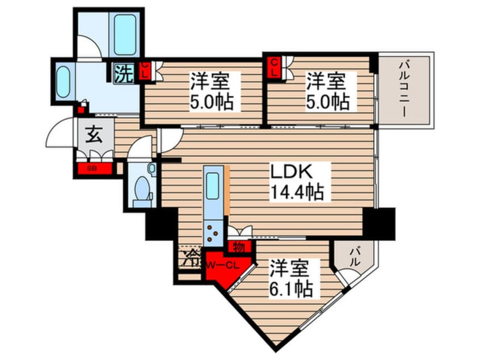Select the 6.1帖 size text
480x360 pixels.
pyautogui.click(x=291, y=288)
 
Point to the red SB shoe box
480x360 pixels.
pyautogui.click(x=94, y=168)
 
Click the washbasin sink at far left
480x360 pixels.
pyautogui.click(x=63, y=82)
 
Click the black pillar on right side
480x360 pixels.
pyautogui.click(x=379, y=222)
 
